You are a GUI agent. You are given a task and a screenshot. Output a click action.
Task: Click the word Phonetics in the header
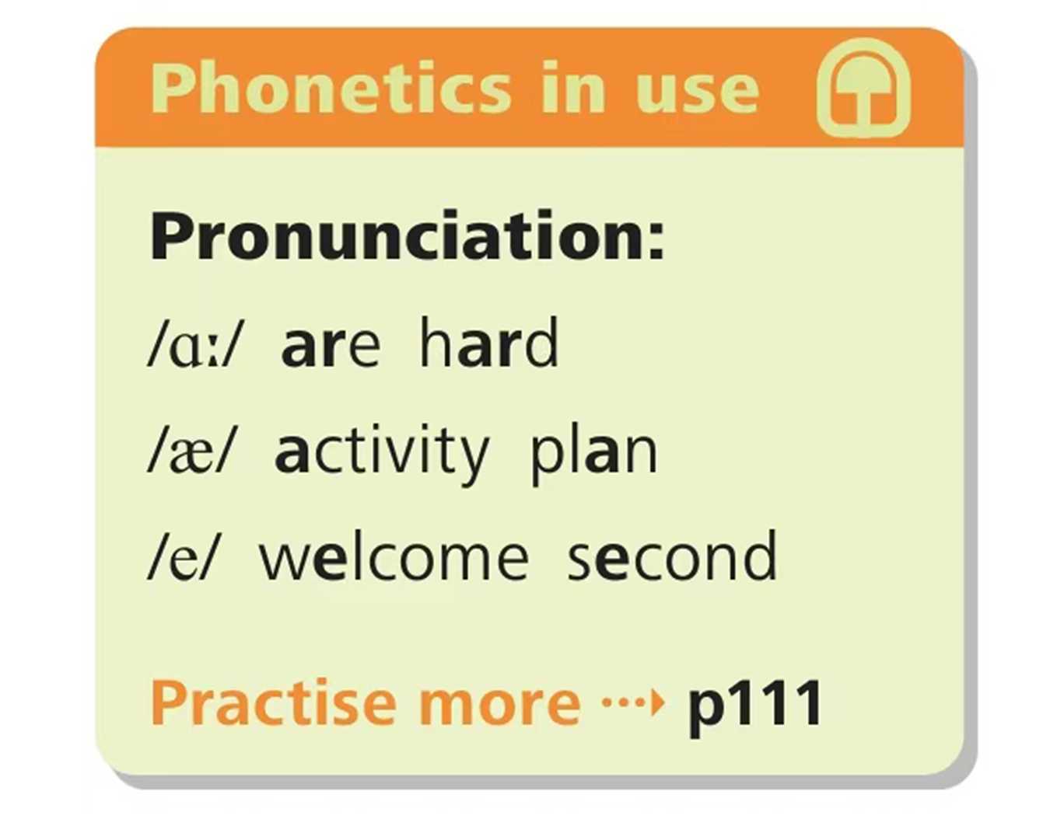331,88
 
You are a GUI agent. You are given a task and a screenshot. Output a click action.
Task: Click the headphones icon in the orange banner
863,88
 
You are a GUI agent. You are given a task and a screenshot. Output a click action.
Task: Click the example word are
331,346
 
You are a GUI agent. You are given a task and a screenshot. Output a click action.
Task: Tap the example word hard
489,342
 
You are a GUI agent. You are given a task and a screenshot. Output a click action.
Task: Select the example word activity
382,455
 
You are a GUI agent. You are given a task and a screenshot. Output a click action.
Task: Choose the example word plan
593,455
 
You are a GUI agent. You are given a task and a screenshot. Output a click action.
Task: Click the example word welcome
394,556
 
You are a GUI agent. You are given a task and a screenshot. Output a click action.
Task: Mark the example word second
672,556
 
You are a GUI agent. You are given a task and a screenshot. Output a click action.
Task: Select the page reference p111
755,709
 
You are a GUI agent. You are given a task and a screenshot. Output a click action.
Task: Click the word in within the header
572,88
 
